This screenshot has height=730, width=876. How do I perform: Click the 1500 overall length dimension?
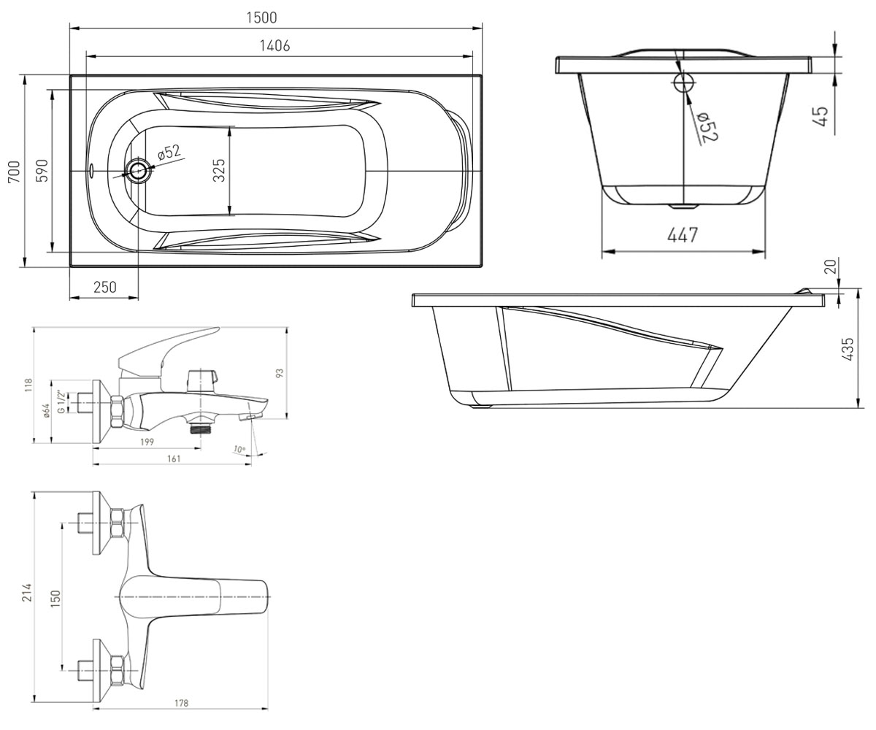click(261, 18)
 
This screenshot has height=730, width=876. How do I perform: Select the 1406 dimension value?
click(274, 46)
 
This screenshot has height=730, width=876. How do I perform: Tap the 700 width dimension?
click(15, 172)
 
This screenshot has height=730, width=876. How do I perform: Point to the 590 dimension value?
click(42, 171)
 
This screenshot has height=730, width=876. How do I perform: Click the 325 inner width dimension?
click(219, 170)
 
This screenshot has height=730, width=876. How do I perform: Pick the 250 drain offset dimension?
click(105, 288)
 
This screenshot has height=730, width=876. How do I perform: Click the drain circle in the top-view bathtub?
click(137, 171)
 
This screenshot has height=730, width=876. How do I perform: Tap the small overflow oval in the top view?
click(92, 170)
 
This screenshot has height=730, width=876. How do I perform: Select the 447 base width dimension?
click(683, 235)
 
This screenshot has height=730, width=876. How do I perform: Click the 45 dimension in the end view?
click(821, 117)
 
